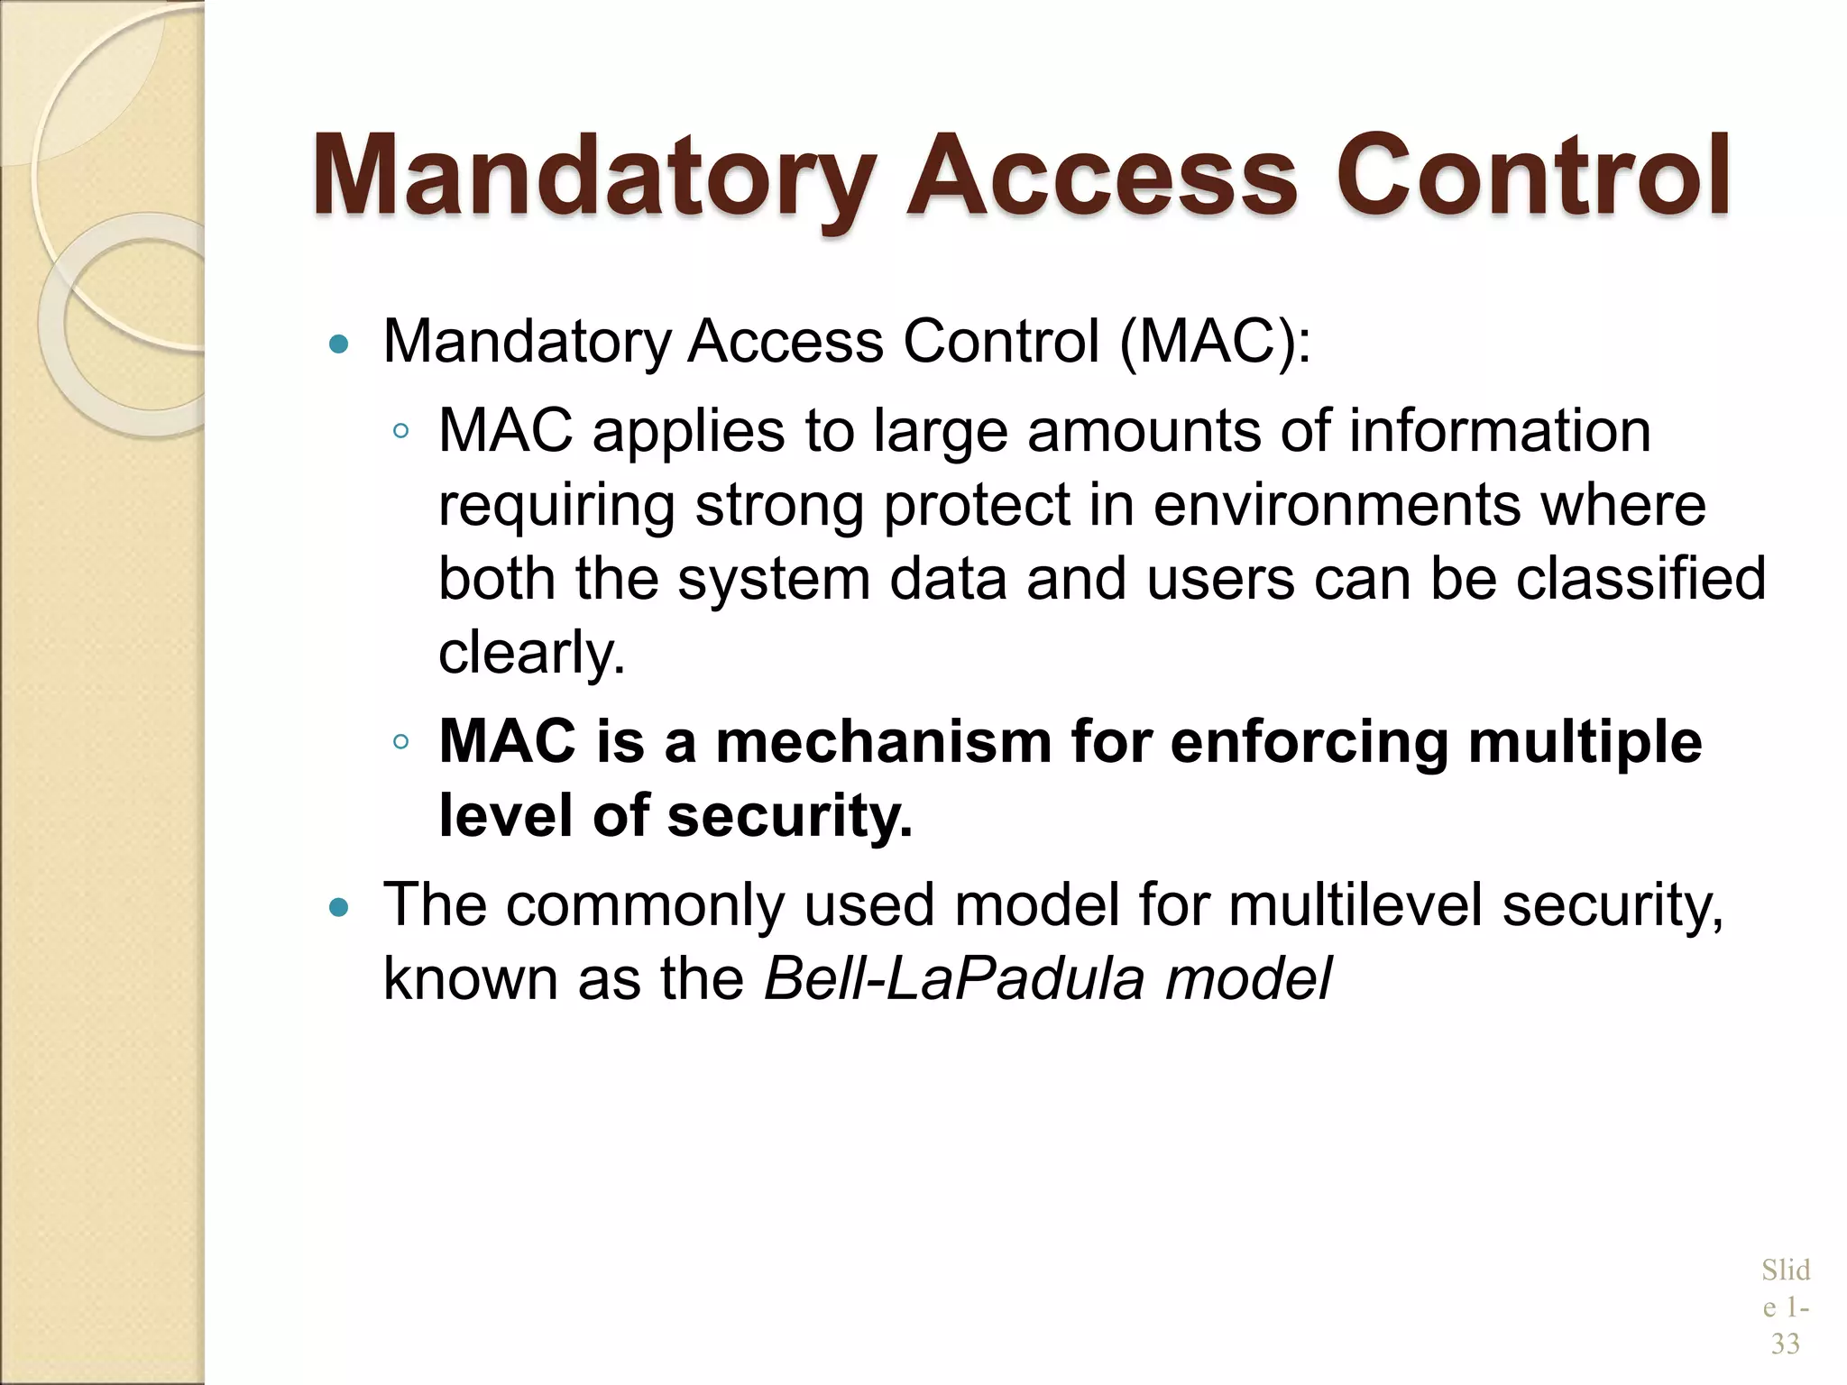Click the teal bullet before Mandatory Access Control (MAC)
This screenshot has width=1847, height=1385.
[x=339, y=344]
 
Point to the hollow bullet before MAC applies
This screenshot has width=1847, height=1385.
[x=401, y=432]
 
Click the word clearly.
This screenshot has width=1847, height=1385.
[x=531, y=653]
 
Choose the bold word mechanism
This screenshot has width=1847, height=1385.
[x=883, y=742]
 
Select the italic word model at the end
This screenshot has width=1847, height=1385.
[x=1248, y=978]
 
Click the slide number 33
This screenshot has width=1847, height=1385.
[x=1785, y=1344]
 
